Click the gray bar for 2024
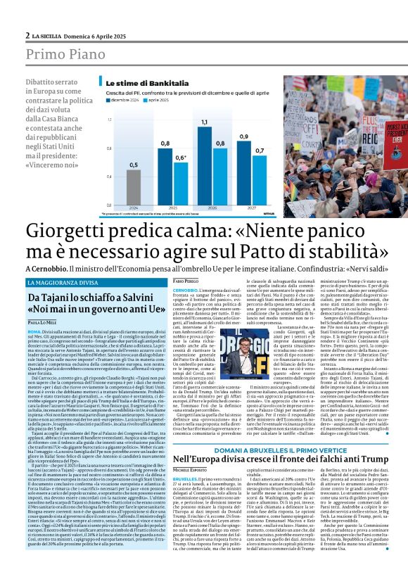tap(134, 189)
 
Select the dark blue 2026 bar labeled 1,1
tap(204, 166)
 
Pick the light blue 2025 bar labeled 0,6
tap(180, 184)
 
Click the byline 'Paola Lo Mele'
tap(42, 322)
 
